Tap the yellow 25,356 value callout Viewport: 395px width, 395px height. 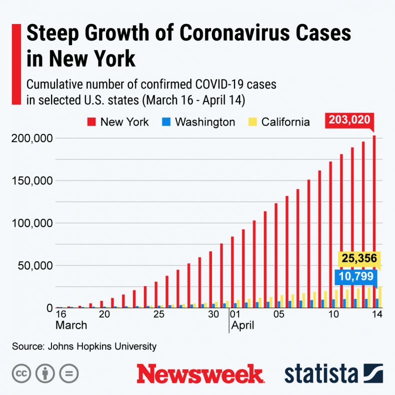coord(359,259)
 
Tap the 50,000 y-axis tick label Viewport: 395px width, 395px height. coord(32,265)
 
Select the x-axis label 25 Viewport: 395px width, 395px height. coord(158,314)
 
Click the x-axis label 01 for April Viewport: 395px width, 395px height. coord(235,314)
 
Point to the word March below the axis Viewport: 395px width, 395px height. coord(71,325)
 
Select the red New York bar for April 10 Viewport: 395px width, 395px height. coord(330,234)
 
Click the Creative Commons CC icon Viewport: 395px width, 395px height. coord(21,373)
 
